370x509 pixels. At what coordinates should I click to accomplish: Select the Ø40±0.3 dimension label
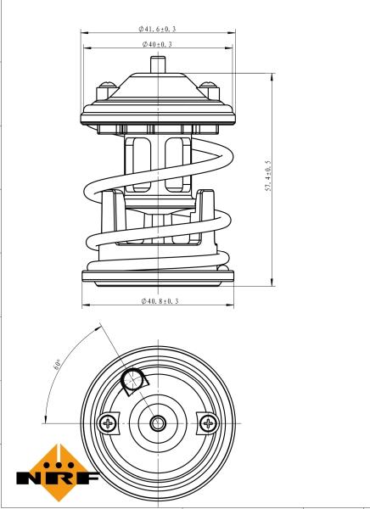pos(157,44)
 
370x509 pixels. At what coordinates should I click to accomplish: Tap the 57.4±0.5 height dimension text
pos(267,179)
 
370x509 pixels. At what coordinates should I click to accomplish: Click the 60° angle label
pos(55,365)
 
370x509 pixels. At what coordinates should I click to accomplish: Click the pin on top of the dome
pos(157,64)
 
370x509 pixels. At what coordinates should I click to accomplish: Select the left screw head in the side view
pos(109,87)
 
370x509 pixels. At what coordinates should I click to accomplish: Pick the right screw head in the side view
pos(206,87)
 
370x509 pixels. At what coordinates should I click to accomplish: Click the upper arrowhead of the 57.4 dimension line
pos(272,76)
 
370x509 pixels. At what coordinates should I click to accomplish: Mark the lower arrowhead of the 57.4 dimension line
pos(272,282)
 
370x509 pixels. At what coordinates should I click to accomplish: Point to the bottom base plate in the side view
pos(157,277)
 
